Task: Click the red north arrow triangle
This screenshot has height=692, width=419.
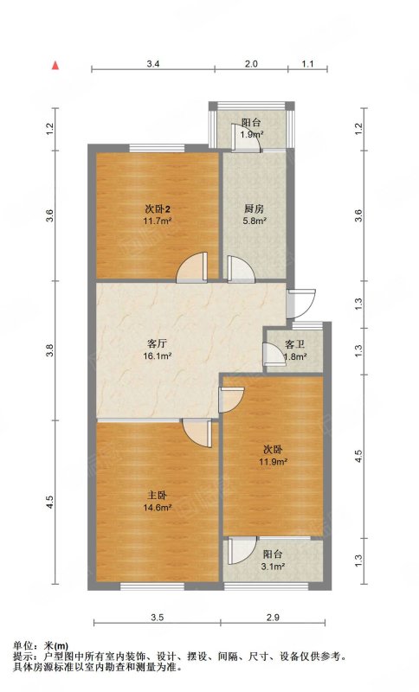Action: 55,66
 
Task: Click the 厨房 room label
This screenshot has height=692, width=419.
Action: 254,208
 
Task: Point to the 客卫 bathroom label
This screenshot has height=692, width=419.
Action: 295,344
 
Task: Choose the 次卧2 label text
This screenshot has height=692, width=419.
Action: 158,208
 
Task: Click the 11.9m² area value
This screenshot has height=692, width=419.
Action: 274,462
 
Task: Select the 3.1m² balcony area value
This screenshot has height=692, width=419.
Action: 274,567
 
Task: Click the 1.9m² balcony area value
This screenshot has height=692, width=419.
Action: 252,135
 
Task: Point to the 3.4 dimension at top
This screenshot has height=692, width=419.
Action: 152,64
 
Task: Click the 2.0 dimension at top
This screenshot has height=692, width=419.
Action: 251,64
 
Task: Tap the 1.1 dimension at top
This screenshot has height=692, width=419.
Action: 307,64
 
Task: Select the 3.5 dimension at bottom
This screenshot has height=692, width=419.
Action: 158,618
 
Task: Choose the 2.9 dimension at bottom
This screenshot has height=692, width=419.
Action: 273,618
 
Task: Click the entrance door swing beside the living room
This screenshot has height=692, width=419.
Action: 300,304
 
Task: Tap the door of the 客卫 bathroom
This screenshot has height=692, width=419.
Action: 274,355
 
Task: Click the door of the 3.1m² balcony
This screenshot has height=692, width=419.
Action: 242,550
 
